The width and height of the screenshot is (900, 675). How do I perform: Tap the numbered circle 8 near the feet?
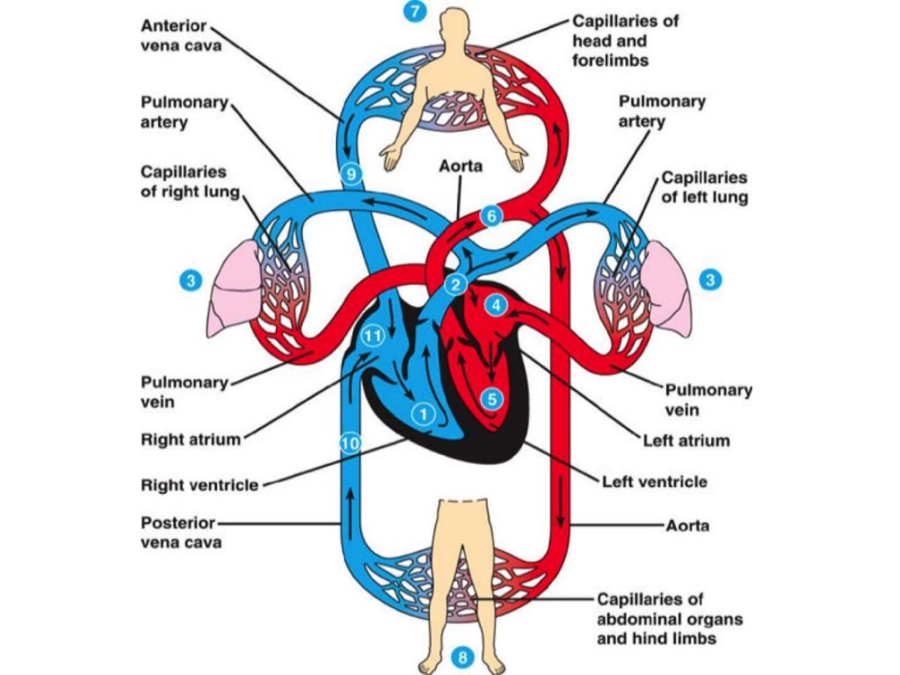[465, 657]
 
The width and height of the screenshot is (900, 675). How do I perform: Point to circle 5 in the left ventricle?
[492, 398]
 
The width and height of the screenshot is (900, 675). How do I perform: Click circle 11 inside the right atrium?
[373, 336]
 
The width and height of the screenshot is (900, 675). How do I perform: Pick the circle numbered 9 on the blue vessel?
[351, 175]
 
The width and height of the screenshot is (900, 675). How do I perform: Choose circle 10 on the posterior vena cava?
[350, 444]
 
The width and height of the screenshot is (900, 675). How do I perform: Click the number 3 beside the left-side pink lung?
[192, 280]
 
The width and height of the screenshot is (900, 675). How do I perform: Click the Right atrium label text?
[191, 439]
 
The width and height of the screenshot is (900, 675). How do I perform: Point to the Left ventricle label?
[654, 482]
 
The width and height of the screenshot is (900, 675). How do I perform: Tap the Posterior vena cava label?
[181, 532]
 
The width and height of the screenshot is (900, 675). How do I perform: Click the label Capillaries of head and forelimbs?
[624, 40]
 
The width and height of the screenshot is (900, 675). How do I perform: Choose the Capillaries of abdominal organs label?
[669, 619]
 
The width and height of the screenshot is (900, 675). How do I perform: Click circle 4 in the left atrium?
[497, 306]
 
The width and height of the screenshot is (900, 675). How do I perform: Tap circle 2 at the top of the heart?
[455, 283]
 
